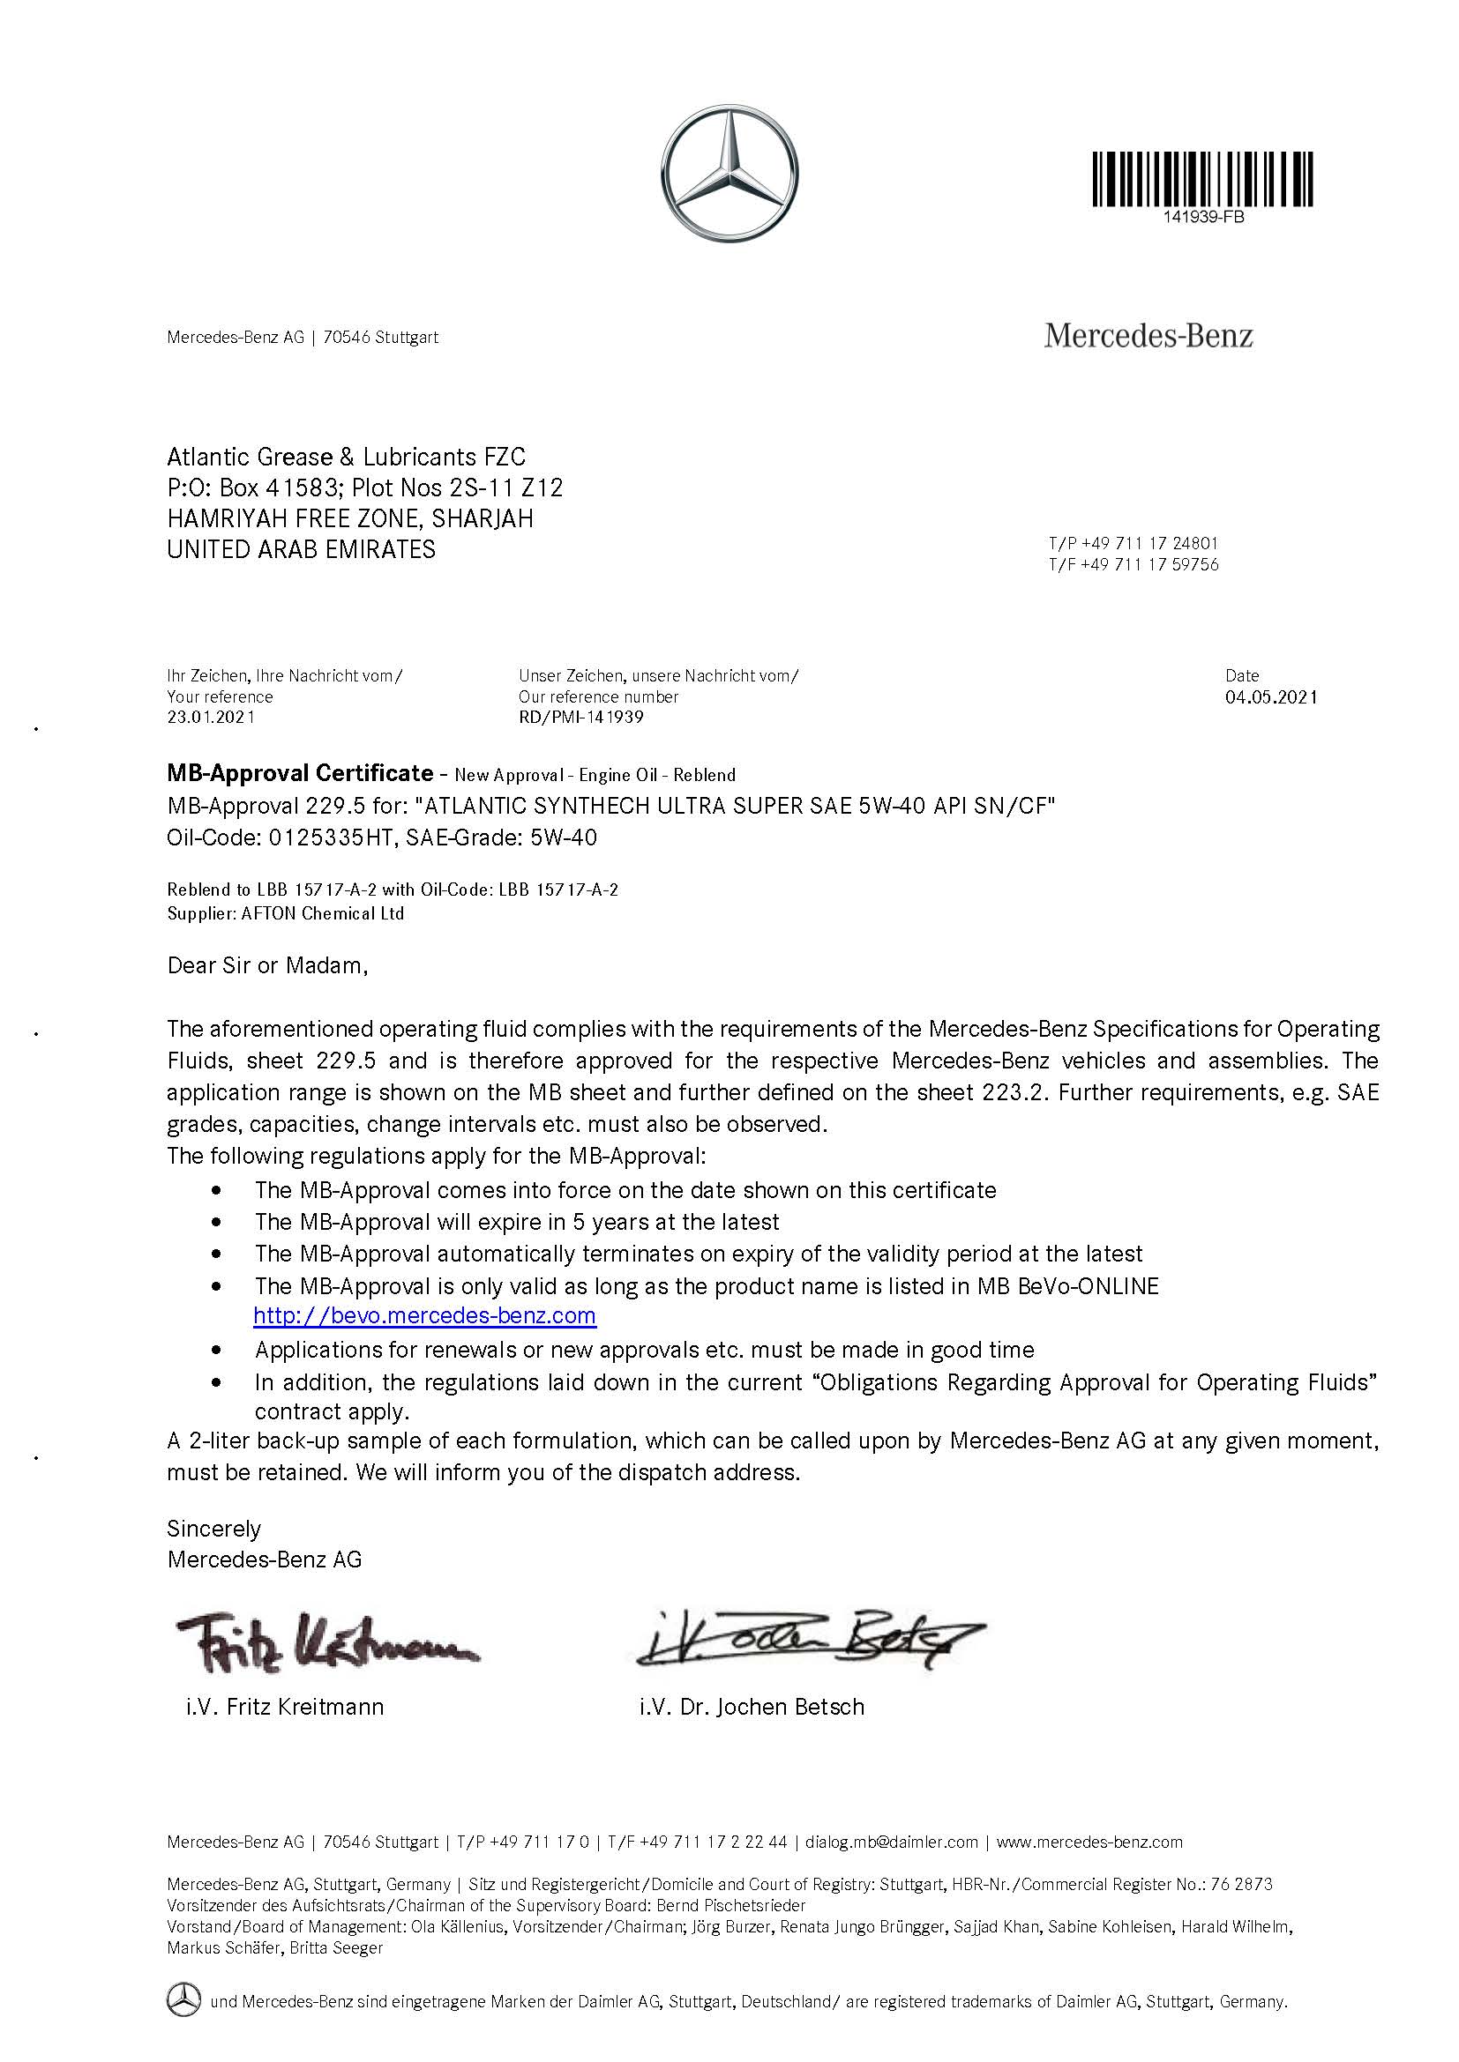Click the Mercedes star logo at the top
click(x=729, y=175)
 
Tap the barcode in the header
click(x=1203, y=180)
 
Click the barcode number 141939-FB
click(x=1203, y=218)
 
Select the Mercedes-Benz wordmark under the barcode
click(x=1148, y=337)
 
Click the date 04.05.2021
click(x=1270, y=697)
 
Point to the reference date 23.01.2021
click(x=210, y=717)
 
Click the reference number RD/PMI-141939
click(x=580, y=717)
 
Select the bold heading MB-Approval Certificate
click(x=300, y=773)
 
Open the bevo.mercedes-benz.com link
click(x=424, y=1315)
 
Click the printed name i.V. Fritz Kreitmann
click(x=285, y=1707)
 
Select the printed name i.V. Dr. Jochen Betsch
click(x=752, y=1707)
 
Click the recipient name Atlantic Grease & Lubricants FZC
click(x=346, y=458)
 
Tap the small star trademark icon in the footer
click(x=183, y=2000)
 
